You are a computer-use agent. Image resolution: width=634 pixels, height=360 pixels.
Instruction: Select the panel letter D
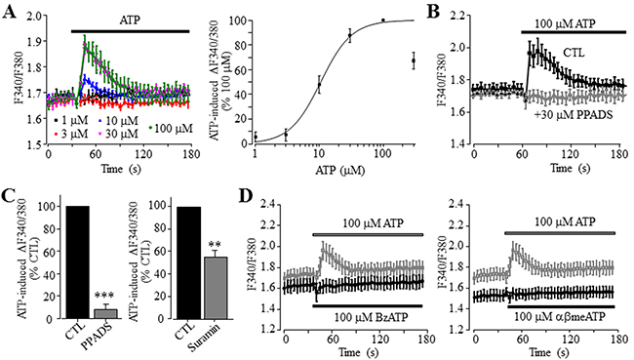pyautogui.click(x=245, y=196)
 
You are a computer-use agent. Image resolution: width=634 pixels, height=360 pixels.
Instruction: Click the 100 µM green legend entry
pyautogui.click(x=171, y=128)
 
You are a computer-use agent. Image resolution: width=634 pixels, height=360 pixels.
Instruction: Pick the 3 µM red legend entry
pyautogui.click(x=70, y=134)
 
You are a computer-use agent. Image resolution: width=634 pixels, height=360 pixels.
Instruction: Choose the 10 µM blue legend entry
pyautogui.click(x=118, y=120)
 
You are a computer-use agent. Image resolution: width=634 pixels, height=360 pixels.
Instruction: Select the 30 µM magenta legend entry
pyautogui.click(x=118, y=134)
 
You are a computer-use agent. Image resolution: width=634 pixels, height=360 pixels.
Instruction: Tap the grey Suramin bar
pyautogui.click(x=216, y=288)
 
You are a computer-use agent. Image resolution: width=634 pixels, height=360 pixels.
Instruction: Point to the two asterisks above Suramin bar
pyautogui.click(x=216, y=246)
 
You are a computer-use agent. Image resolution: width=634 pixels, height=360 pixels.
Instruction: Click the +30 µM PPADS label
pyautogui.click(x=574, y=115)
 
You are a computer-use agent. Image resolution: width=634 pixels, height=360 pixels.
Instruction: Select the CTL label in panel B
pyautogui.click(x=574, y=52)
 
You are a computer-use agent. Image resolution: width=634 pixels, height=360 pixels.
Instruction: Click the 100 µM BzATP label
pyautogui.click(x=372, y=317)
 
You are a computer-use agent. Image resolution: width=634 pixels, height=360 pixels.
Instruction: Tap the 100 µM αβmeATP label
pyautogui.click(x=560, y=317)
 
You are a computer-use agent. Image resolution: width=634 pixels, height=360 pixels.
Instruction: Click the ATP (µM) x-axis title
pyautogui.click(x=339, y=171)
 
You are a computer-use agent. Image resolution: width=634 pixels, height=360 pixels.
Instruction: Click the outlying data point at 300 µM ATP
pyautogui.click(x=414, y=60)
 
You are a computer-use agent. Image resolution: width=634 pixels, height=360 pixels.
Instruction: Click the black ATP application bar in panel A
pyautogui.click(x=130, y=31)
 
